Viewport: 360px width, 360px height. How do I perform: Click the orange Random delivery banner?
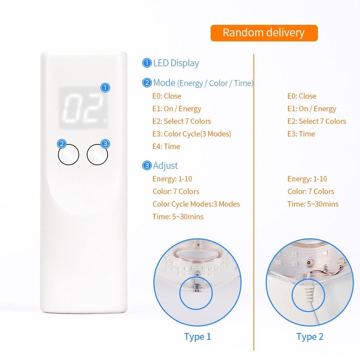(264, 33)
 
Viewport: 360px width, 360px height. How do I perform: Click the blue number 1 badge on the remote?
(105, 87)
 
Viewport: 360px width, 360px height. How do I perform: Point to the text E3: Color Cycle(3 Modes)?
(192, 134)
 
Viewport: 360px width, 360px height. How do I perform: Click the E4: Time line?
(166, 147)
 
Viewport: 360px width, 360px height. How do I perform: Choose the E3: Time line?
(301, 134)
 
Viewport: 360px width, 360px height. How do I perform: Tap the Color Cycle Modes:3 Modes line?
(196, 204)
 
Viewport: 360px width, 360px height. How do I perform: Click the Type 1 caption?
(197, 337)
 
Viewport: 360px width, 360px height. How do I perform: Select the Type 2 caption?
(310, 337)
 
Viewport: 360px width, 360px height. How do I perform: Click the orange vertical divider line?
(254, 202)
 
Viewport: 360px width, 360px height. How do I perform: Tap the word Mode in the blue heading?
(164, 83)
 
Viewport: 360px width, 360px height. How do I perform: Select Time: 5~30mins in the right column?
(313, 204)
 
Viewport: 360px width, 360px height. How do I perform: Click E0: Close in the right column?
(302, 96)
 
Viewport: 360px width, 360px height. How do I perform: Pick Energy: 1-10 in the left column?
(172, 179)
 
